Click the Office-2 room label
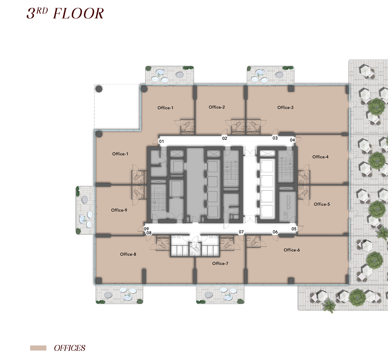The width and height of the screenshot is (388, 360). tap(217, 107)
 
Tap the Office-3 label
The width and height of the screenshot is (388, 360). tap(285, 108)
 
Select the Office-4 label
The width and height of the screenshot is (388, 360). tap(320, 157)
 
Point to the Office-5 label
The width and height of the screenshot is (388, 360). tap(322, 204)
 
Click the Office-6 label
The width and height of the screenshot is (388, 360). tap(292, 250)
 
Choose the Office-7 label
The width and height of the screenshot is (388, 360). tap(220, 263)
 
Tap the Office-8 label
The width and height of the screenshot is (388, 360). tap(128, 254)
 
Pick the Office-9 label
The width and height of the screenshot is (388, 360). tap(119, 210)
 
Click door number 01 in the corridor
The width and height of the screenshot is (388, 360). tap(161, 141)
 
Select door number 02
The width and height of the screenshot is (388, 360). tap(224, 138)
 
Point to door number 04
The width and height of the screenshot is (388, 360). tap(292, 140)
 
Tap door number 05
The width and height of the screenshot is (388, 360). tap(294, 229)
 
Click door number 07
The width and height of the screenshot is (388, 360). tap(241, 232)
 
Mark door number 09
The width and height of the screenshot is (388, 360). tap(146, 229)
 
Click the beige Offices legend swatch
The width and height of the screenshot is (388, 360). tap(38, 348)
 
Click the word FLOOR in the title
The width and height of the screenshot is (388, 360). tap(78, 13)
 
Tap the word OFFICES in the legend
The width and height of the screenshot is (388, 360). tap(69, 348)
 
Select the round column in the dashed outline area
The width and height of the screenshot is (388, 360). tap(99, 89)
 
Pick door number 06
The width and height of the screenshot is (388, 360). tap(275, 232)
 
